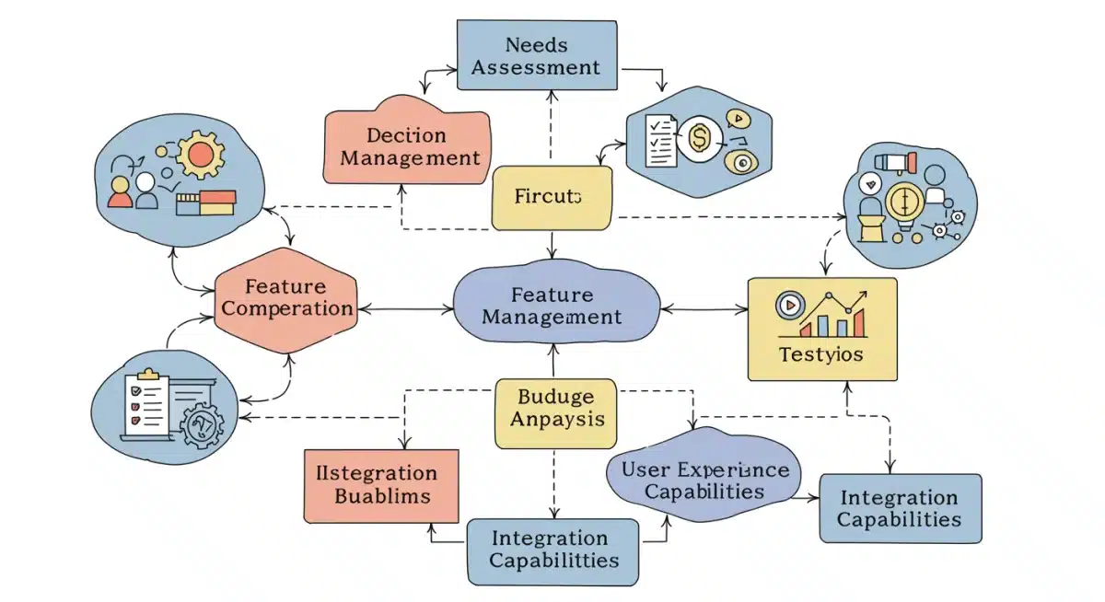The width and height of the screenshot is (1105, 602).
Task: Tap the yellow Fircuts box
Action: [x=552, y=197]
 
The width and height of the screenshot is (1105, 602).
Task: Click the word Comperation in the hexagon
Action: [x=287, y=308]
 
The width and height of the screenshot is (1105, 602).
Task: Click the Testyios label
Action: [x=820, y=353]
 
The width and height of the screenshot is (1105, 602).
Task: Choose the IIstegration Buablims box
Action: [x=381, y=485]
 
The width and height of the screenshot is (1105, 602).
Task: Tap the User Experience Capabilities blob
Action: [x=704, y=480]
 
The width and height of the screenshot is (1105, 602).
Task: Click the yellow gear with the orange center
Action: [x=200, y=154]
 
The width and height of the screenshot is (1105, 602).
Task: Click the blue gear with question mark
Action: [x=203, y=425]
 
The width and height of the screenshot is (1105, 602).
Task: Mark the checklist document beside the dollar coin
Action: [x=659, y=141]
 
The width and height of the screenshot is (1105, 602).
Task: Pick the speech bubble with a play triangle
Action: [x=739, y=119]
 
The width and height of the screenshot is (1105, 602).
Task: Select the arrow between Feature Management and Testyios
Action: [x=704, y=309]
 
